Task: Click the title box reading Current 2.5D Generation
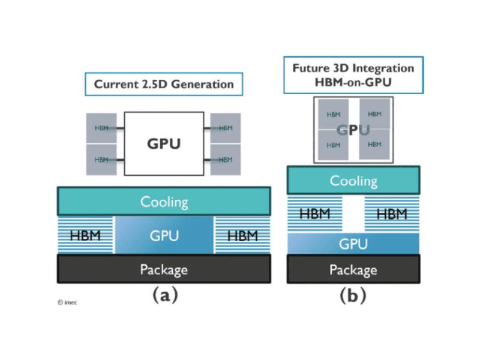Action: (164, 84)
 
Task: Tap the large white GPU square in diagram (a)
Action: (163, 144)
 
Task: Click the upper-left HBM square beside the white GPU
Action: (101, 128)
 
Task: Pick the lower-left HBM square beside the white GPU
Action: (101, 160)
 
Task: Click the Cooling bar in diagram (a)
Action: (164, 201)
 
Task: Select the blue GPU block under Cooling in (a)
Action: (164, 235)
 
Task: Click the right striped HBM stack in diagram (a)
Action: (242, 235)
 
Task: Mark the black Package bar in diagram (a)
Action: (164, 269)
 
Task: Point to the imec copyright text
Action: (67, 302)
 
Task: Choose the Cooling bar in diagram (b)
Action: (353, 181)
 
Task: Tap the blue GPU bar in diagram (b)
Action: (353, 244)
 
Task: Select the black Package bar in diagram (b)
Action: (353, 269)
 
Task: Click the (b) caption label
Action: (353, 295)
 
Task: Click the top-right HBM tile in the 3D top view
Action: (374, 114)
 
